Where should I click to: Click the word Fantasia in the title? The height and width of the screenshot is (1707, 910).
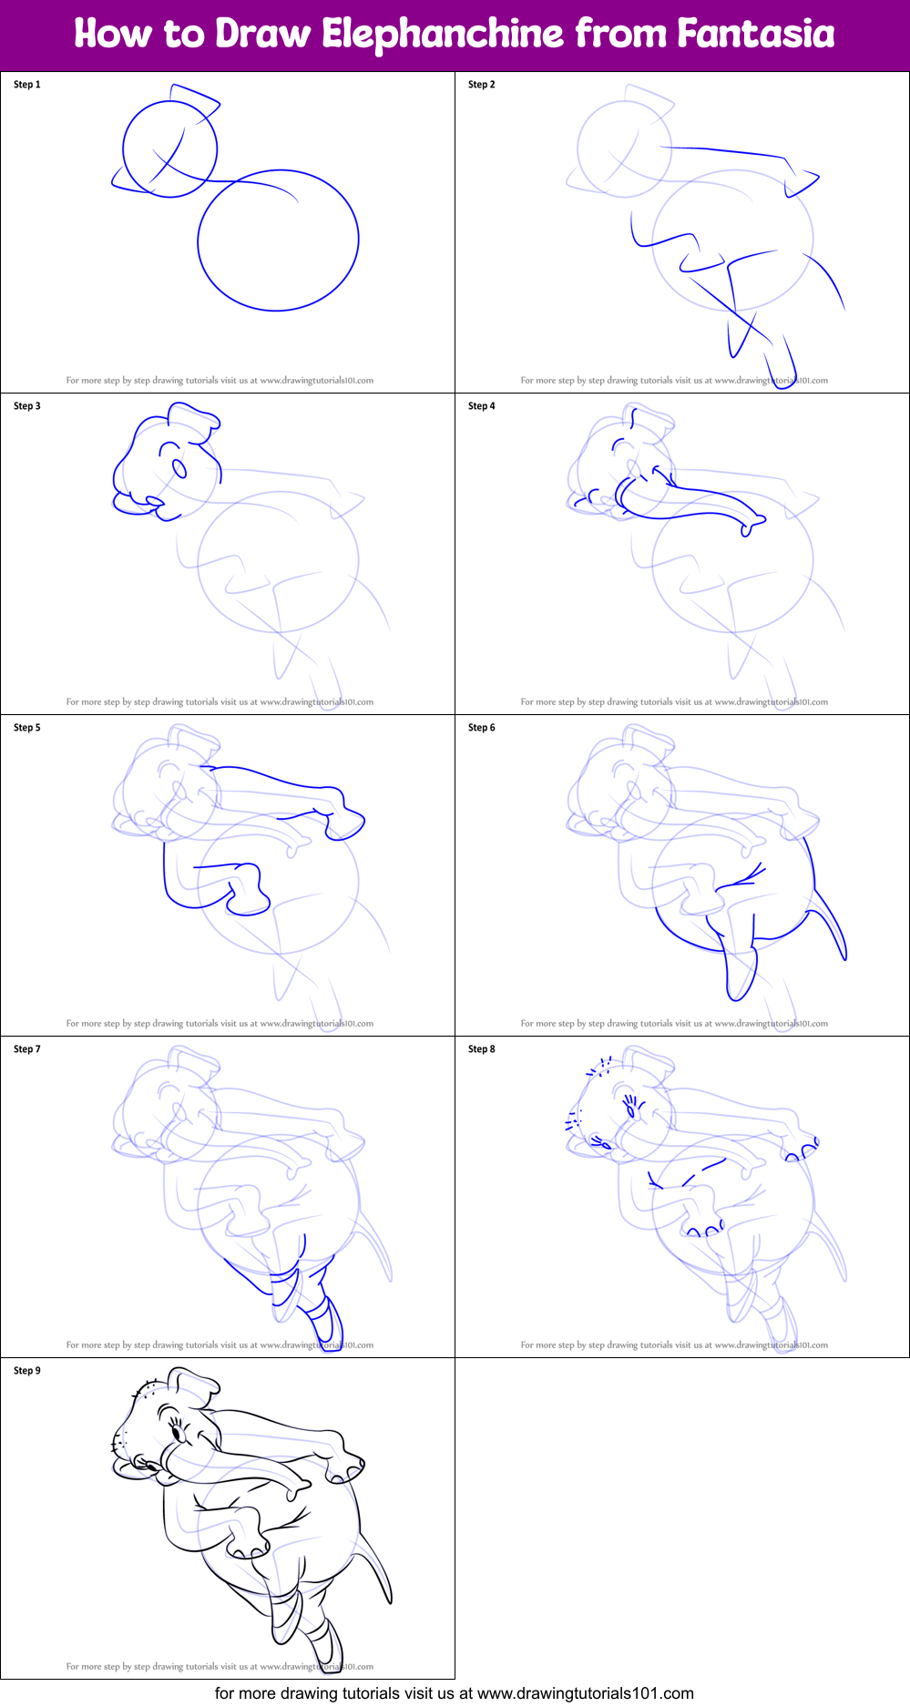(755, 35)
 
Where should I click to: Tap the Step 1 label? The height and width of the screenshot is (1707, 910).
(27, 85)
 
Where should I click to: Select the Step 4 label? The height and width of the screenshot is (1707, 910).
(482, 406)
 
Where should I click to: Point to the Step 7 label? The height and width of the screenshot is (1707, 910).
(27, 1049)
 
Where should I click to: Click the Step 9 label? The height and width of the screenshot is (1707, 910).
(27, 1371)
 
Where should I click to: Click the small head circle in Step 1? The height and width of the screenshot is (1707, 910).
(170, 148)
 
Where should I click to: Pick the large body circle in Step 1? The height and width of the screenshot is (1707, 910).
(278, 240)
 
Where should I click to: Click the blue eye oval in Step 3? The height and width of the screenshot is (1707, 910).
(179, 468)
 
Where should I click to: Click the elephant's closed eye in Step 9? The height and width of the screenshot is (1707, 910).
(175, 1434)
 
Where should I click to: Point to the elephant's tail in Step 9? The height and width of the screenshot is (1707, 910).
(378, 1567)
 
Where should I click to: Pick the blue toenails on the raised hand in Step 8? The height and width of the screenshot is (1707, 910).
(802, 1153)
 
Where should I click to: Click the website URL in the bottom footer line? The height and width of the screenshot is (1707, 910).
(585, 1693)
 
